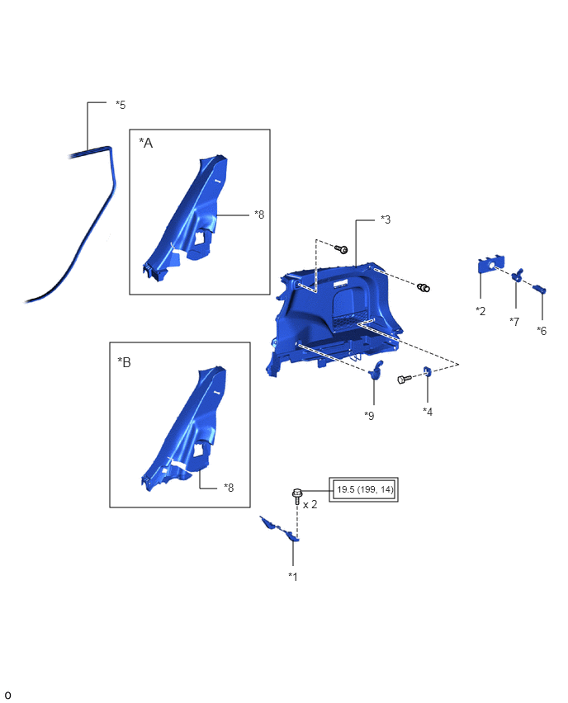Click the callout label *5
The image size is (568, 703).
click(x=121, y=105)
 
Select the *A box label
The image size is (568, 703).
click(x=146, y=143)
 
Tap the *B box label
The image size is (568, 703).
click(x=125, y=362)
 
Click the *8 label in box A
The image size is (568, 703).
click(x=259, y=215)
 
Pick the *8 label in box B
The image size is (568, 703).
click(x=229, y=488)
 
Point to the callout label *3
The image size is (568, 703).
click(x=386, y=219)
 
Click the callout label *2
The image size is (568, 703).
click(x=480, y=311)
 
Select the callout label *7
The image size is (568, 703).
click(x=514, y=322)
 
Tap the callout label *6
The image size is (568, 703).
click(x=542, y=331)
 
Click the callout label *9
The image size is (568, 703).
click(x=369, y=416)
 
